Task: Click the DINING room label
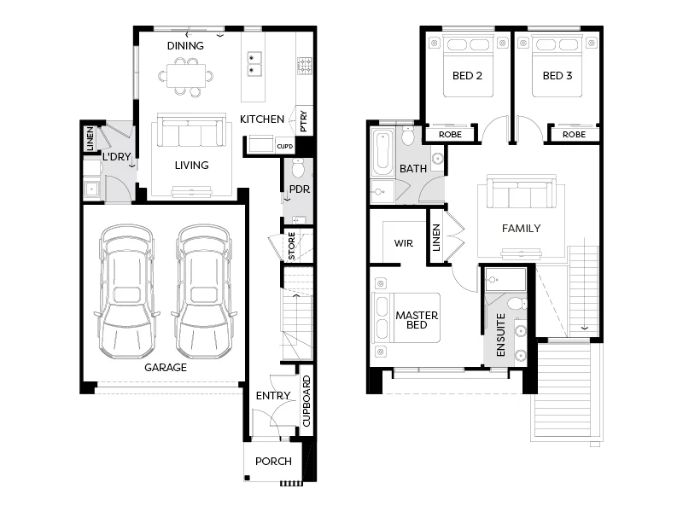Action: coord(185,45)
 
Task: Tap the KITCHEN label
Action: coord(261,119)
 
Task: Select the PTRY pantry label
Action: coord(302,119)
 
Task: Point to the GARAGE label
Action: coord(165,368)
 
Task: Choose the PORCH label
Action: coord(273,462)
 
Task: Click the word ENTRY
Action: coord(273,396)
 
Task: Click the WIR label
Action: coord(403,243)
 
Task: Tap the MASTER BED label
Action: coord(417,321)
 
